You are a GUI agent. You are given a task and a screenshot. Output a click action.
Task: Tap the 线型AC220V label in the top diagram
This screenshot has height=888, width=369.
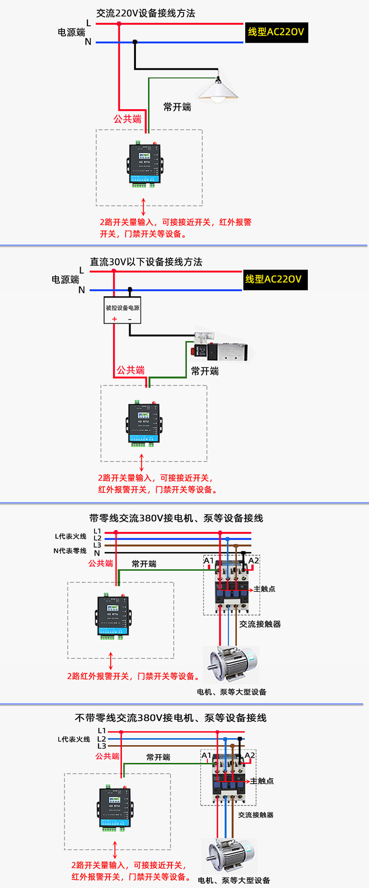pyautogui.click(x=276, y=32)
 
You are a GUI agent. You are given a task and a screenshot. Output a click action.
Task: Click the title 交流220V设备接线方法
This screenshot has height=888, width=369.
pyautogui.click(x=146, y=13)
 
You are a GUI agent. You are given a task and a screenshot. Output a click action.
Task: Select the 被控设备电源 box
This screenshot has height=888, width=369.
pyautogui.click(x=122, y=310)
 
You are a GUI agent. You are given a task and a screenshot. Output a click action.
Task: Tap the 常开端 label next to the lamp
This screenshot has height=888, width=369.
pyautogui.click(x=177, y=107)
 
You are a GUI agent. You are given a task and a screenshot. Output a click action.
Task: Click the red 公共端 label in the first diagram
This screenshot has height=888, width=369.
pyautogui.click(x=127, y=119)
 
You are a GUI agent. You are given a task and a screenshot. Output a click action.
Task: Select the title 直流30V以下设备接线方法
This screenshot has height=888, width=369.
pyautogui.click(x=146, y=262)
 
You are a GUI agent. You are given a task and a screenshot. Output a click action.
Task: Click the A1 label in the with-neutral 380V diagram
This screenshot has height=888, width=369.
pyautogui.click(x=208, y=561)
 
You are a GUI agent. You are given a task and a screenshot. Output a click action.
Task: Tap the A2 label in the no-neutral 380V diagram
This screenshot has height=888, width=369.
pyautogui.click(x=250, y=755)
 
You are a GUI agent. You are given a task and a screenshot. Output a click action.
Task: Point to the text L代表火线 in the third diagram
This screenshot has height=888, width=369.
pyautogui.click(x=71, y=536)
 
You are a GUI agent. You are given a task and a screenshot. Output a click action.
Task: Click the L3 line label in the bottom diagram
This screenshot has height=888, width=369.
pyautogui.click(x=102, y=746)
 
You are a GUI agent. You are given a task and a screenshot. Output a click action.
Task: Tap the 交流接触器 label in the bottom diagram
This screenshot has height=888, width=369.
pyautogui.click(x=256, y=815)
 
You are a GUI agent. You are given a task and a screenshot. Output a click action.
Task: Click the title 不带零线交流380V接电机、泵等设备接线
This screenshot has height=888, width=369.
pyautogui.click(x=171, y=718)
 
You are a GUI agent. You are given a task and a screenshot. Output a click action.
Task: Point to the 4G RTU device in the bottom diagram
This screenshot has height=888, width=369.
pyautogui.click(x=115, y=808)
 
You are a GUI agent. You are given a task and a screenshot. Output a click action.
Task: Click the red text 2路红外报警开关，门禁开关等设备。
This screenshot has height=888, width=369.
pyautogui.click(x=134, y=676)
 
